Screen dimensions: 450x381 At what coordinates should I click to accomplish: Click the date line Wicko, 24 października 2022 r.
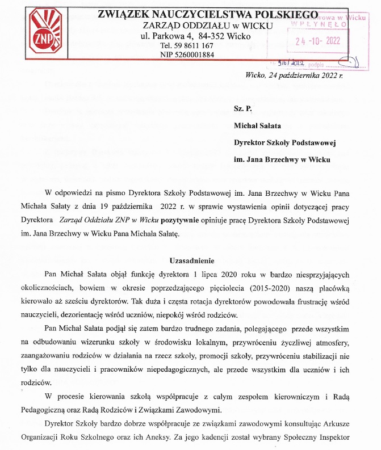295,75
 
